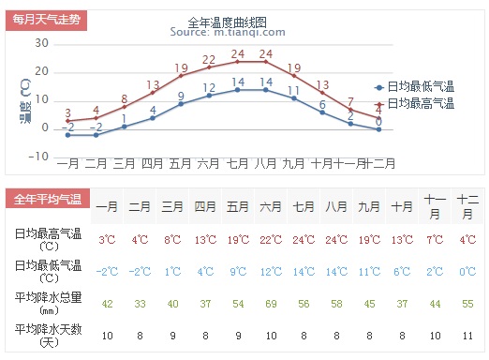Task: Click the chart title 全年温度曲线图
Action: (227, 22)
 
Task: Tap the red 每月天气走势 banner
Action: (46, 20)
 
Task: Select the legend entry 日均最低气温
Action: (415, 86)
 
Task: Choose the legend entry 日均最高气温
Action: (415, 103)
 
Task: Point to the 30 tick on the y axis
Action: (42, 43)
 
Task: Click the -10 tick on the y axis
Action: (38, 157)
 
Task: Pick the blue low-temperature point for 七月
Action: (238, 90)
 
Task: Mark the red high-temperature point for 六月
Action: (209, 67)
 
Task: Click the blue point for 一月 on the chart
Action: (67, 135)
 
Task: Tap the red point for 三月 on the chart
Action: (125, 107)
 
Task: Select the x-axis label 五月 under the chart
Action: (180, 163)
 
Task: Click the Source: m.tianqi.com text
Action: (228, 32)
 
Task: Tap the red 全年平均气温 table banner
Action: (48, 199)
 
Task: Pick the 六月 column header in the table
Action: (271, 206)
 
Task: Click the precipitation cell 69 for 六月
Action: (271, 304)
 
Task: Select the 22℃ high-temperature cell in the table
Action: (271, 240)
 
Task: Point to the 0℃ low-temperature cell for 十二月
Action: (467, 272)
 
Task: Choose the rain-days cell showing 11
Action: (467, 336)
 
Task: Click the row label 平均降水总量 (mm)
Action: (49, 303)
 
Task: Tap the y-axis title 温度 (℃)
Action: (26, 101)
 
